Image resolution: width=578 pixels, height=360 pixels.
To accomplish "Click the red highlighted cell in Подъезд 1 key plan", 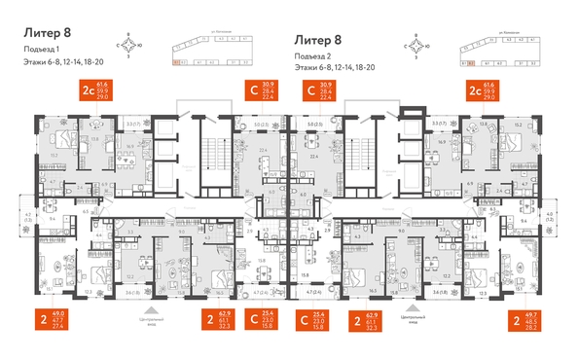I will pyautogui.click(x=176, y=63).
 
